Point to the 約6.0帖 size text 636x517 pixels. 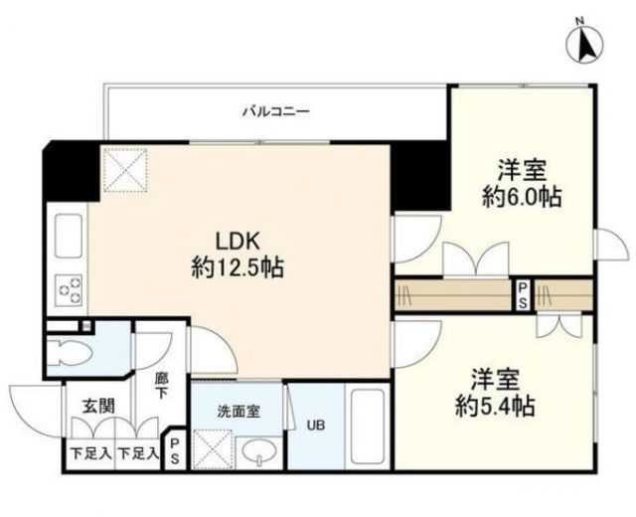coord(522,197)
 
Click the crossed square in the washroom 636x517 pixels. coord(212,446)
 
